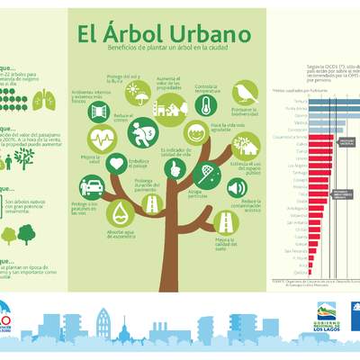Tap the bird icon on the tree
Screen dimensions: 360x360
tap(244, 93)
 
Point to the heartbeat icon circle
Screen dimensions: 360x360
tap(102, 139)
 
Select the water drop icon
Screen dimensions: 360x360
tap(121, 212)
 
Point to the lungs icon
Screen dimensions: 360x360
tap(49, 99)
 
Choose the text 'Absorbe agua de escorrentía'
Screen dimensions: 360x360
tap(121, 235)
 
